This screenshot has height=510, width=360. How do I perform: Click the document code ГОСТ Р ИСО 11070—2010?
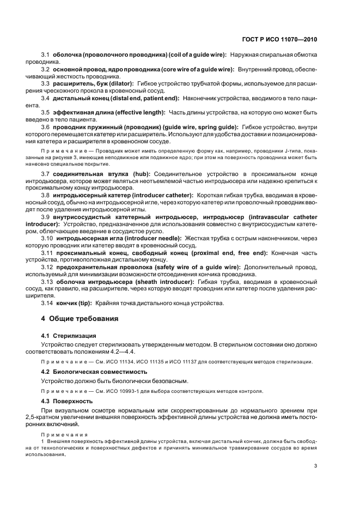280,39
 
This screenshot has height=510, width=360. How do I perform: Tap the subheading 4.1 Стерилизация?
69,336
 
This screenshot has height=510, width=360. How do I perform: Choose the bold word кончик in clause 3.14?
66,303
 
